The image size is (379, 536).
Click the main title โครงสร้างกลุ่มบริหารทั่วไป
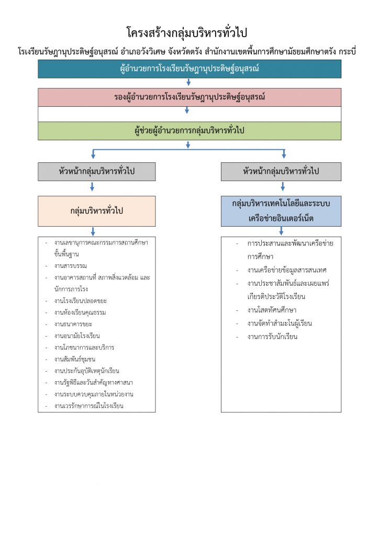pyautogui.click(x=186, y=32)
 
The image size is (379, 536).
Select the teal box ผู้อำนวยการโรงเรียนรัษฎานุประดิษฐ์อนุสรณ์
pyautogui.click(x=189, y=69)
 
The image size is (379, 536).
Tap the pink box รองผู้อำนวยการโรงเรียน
pyautogui.click(x=189, y=97)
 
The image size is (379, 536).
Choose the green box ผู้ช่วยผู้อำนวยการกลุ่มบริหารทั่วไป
pyautogui.click(x=189, y=130)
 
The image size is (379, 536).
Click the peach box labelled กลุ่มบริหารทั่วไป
pyautogui.click(x=97, y=211)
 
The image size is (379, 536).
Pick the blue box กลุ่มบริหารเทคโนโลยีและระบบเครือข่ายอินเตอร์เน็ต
pyautogui.click(x=281, y=211)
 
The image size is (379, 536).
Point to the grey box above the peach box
pyautogui.click(x=97, y=171)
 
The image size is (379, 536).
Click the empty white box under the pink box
pyautogui.click(x=189, y=114)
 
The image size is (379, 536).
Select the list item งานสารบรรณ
pyautogui.click(x=70, y=266)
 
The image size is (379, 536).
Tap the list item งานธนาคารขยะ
pyautogui.click(x=73, y=324)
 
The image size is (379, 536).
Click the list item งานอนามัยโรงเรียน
pyautogui.click(x=77, y=336)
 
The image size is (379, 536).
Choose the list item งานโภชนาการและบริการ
pyautogui.click(x=84, y=348)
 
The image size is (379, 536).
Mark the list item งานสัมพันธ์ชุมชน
pyautogui.click(x=74, y=359)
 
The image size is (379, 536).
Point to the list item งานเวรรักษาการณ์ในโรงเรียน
pyautogui.click(x=88, y=406)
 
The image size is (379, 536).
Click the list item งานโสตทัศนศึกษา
pyautogui.click(x=272, y=310)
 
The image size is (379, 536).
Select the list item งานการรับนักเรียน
pyautogui.click(x=272, y=337)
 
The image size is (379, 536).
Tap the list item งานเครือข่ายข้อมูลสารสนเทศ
pyautogui.click(x=287, y=270)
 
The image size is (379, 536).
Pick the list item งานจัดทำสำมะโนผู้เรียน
pyautogui.click(x=280, y=323)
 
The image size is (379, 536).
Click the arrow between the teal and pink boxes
pyautogui.click(x=188, y=82)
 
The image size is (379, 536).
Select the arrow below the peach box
pyautogui.click(x=93, y=231)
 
